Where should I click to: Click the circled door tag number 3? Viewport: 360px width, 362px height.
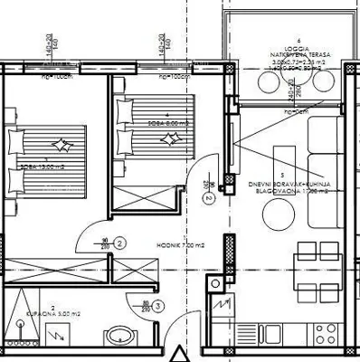pyautogui.click(x=157, y=308)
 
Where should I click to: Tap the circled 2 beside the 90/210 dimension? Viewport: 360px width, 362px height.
pyautogui.click(x=119, y=242)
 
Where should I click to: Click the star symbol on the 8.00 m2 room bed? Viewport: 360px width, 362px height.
pyautogui.click(x=167, y=138)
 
